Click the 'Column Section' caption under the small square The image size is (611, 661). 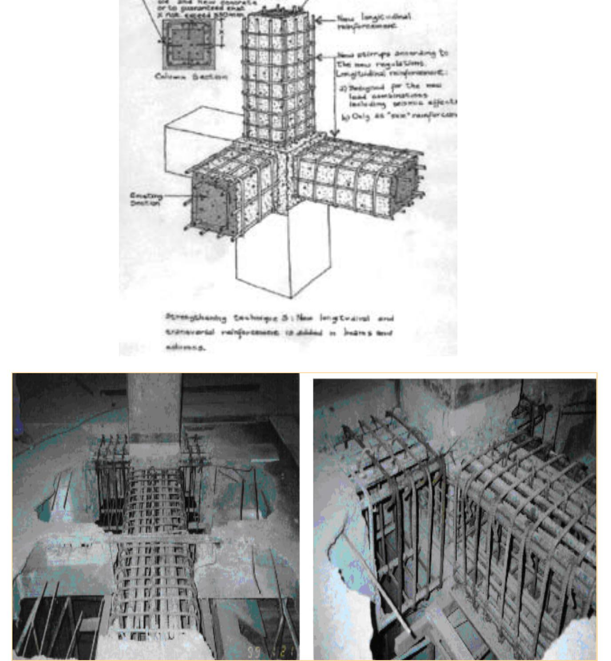[x=191, y=76]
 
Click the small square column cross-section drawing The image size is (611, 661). [x=189, y=44]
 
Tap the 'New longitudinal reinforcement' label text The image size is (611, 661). [x=373, y=21]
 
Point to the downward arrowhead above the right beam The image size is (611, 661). [x=335, y=133]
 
